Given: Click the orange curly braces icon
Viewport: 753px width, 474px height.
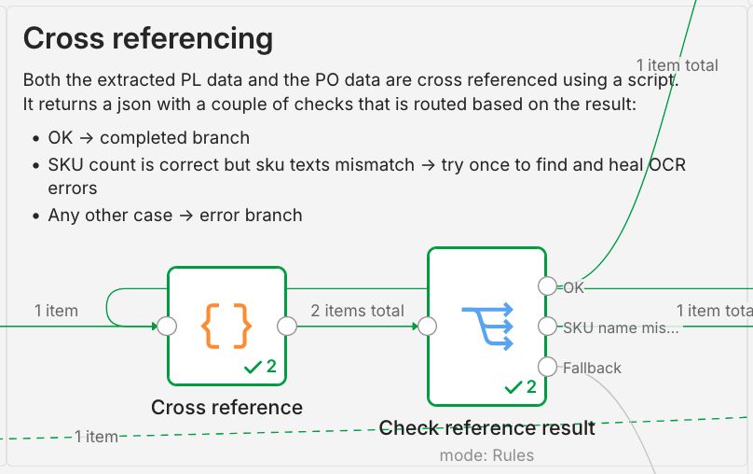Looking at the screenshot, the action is [226, 326].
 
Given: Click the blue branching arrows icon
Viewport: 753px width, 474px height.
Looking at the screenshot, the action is [487, 327].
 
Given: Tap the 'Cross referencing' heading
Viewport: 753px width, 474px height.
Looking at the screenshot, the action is [148, 38].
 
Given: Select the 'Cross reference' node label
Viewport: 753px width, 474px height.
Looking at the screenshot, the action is [226, 407].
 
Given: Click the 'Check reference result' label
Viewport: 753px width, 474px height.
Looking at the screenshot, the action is [487, 428].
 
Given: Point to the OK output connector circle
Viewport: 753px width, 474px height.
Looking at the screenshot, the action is [547, 286].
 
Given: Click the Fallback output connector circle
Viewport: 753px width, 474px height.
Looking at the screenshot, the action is [547, 367].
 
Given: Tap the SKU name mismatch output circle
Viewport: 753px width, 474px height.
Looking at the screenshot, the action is [547, 327].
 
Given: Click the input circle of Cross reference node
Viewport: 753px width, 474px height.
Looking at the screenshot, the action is [167, 327].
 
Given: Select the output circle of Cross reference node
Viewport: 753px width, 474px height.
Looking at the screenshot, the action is [287, 327].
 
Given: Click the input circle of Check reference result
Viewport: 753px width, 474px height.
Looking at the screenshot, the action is [428, 327].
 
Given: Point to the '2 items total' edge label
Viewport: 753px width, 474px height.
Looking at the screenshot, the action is [357, 311].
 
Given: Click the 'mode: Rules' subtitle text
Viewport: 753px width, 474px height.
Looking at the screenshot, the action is [486, 455].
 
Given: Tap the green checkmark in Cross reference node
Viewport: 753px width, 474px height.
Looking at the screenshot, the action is [253, 368].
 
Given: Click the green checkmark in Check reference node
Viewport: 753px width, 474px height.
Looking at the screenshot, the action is [513, 387].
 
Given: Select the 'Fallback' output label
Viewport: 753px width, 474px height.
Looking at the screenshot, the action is [592, 368].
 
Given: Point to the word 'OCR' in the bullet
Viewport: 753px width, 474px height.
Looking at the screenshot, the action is [667, 165].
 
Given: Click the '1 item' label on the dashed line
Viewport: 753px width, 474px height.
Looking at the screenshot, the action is [96, 437].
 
